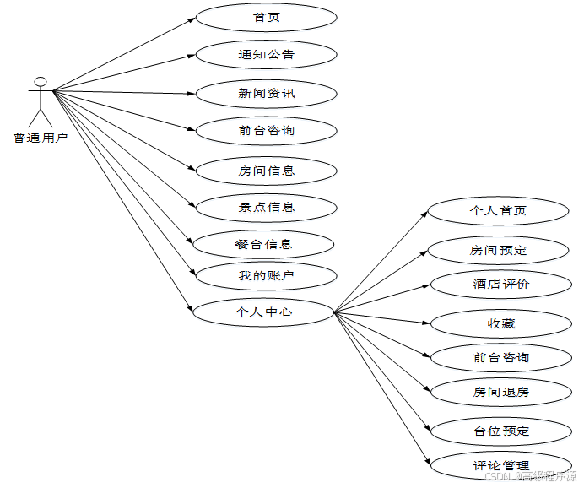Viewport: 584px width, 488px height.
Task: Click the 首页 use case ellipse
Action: click(266, 18)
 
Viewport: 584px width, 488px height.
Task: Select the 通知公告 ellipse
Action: click(266, 55)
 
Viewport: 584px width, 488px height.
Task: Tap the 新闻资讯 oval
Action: click(266, 93)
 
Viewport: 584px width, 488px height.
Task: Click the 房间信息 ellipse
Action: click(266, 171)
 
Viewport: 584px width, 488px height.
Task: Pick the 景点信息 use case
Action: click(266, 207)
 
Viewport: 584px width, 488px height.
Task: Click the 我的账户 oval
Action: click(266, 275)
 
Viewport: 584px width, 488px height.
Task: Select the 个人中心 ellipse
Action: click(263, 312)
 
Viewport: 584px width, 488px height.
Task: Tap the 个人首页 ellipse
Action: click(498, 210)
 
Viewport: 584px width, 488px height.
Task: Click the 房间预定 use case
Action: click(498, 250)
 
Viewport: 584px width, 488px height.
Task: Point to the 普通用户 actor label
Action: click(40, 138)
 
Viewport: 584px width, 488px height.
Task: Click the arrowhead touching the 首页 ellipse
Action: click(192, 19)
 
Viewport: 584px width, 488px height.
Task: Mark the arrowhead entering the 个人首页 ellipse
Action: click(424, 213)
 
